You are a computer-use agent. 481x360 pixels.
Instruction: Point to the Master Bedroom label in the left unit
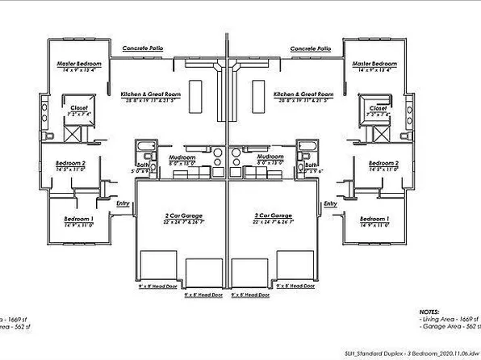77,63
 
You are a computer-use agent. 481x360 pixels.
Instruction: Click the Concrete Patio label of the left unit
144,48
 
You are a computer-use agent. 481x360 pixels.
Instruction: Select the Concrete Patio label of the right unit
310,48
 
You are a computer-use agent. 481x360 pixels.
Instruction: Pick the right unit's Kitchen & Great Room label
303,94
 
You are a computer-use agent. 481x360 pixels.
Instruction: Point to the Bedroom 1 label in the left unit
78,220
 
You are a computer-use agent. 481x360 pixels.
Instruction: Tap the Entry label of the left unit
123,204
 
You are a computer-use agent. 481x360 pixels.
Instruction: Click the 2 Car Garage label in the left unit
181,216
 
